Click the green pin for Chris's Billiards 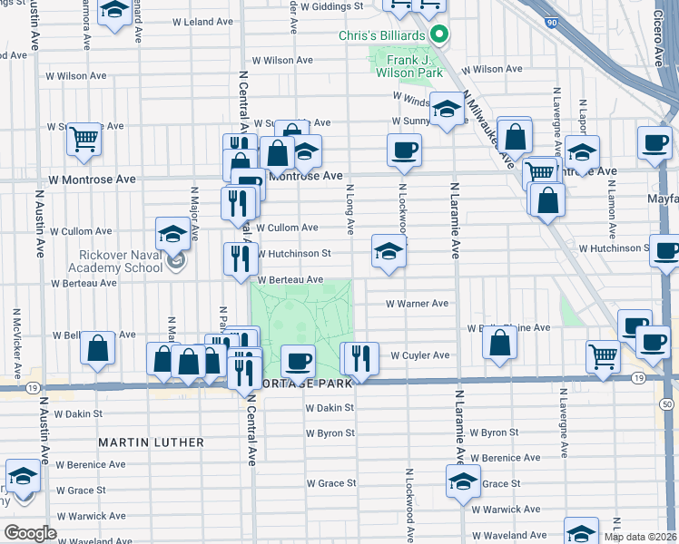(439, 35)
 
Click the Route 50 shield (667, 403)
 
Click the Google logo (30, 533)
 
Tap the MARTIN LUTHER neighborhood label (151, 442)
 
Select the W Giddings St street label (332, 5)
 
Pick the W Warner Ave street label (417, 304)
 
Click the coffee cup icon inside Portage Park (297, 361)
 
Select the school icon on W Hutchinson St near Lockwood (388, 251)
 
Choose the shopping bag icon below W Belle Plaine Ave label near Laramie (499, 343)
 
